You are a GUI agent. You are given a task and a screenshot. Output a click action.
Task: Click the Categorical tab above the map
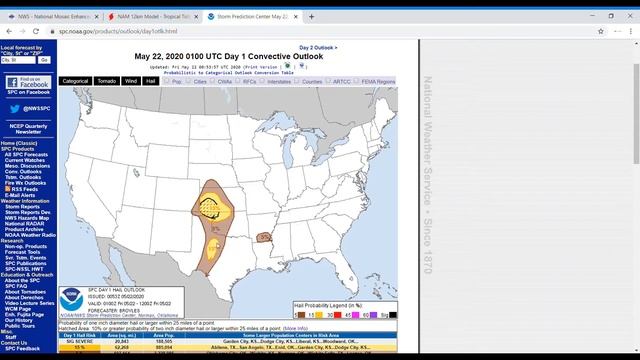(75, 81)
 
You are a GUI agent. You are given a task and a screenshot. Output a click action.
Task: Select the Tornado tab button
(106, 81)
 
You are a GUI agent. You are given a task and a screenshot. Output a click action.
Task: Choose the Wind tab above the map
(130, 81)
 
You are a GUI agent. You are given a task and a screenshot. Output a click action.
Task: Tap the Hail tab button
(149, 81)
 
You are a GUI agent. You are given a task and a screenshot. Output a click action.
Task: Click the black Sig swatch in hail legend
(393, 314)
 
